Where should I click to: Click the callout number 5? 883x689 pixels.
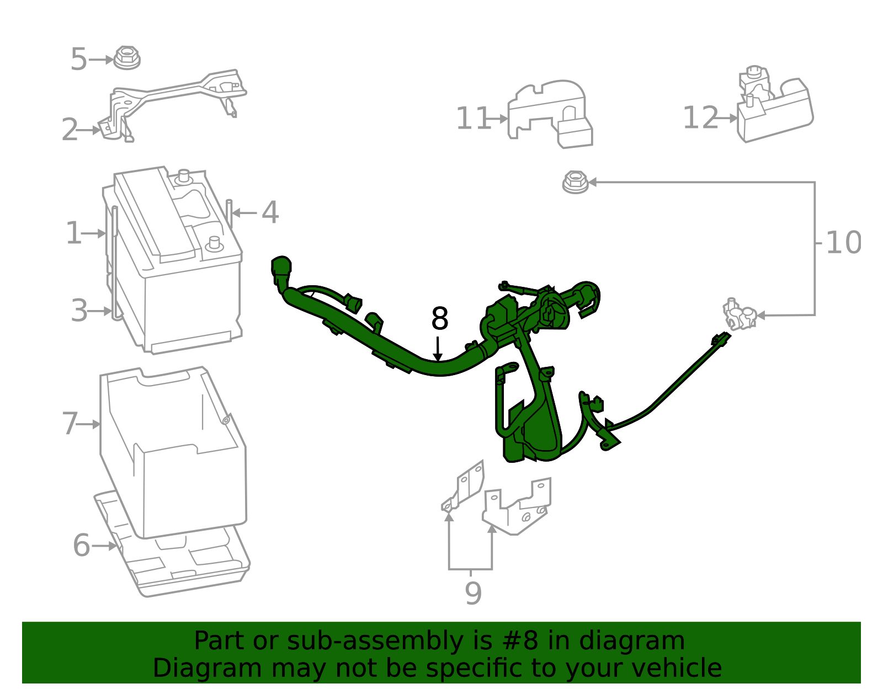pyautogui.click(x=78, y=60)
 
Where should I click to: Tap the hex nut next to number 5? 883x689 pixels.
pyautogui.click(x=127, y=58)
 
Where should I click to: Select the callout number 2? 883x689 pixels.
pyautogui.click(x=70, y=130)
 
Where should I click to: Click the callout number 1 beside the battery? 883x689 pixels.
pyautogui.click(x=73, y=233)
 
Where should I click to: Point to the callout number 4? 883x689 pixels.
pyautogui.click(x=270, y=212)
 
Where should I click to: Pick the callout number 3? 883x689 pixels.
pyautogui.click(x=79, y=311)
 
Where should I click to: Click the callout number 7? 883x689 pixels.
pyautogui.click(x=70, y=424)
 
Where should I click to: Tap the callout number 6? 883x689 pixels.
pyautogui.click(x=81, y=546)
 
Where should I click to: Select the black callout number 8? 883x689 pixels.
pyautogui.click(x=439, y=319)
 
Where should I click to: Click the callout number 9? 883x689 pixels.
pyautogui.click(x=473, y=594)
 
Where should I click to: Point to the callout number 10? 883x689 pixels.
pyautogui.click(x=843, y=243)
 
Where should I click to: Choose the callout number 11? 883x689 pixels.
pyautogui.click(x=473, y=119)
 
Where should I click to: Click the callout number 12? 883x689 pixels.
pyautogui.click(x=700, y=118)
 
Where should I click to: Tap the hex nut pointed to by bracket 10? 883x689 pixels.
pyautogui.click(x=575, y=182)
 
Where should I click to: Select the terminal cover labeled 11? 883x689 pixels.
pyautogui.click(x=551, y=114)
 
